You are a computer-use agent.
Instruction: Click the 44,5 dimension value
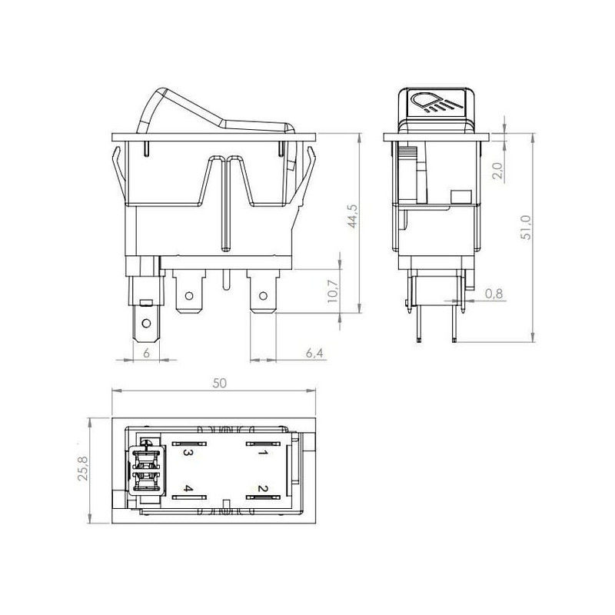[x=353, y=216]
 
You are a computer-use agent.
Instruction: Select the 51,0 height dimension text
[x=526, y=228]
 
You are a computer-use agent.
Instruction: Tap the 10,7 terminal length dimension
[x=333, y=291]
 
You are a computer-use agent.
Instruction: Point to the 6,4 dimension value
[x=314, y=353]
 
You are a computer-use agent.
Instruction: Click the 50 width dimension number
[x=220, y=383]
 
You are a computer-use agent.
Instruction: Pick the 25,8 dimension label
[x=83, y=468]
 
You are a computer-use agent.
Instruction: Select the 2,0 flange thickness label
[x=497, y=171]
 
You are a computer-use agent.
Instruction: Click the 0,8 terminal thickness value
[x=494, y=294]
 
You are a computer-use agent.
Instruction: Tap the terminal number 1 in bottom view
[x=262, y=453]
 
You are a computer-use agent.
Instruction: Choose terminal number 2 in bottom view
[x=262, y=489]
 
